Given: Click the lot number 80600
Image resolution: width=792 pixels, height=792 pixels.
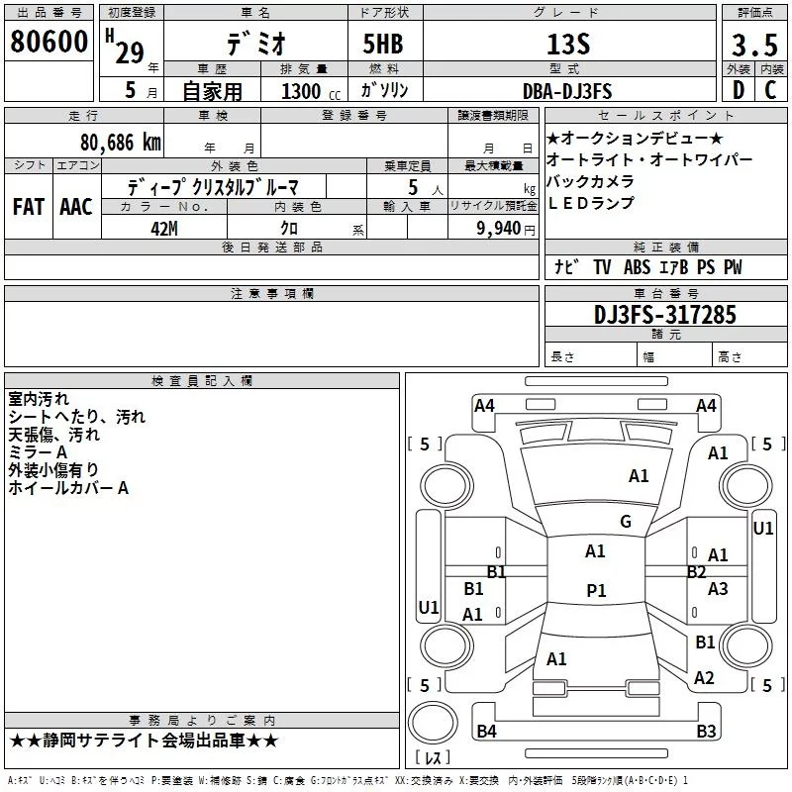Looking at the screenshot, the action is pyautogui.click(x=49, y=42).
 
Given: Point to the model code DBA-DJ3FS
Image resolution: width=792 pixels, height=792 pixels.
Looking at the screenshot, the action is pyautogui.click(x=567, y=92).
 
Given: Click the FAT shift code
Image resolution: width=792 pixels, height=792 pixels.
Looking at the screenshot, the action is pyautogui.click(x=28, y=207).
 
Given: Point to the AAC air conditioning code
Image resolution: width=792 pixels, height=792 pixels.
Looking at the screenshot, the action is pyautogui.click(x=76, y=207).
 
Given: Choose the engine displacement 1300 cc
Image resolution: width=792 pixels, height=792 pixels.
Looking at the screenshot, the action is pyautogui.click(x=302, y=92).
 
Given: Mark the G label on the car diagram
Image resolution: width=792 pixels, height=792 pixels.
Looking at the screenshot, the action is pyautogui.click(x=625, y=521).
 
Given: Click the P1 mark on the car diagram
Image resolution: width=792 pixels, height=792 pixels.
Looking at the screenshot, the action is pyautogui.click(x=596, y=590).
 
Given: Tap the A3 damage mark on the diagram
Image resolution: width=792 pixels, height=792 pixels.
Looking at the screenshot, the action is pyautogui.click(x=718, y=589).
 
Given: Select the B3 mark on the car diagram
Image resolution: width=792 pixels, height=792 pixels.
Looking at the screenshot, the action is pyautogui.click(x=706, y=732).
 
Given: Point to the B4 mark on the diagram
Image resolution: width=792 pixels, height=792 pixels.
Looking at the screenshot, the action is pyautogui.click(x=486, y=732).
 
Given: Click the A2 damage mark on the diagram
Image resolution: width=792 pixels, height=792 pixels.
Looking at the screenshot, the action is pyautogui.click(x=704, y=677).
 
